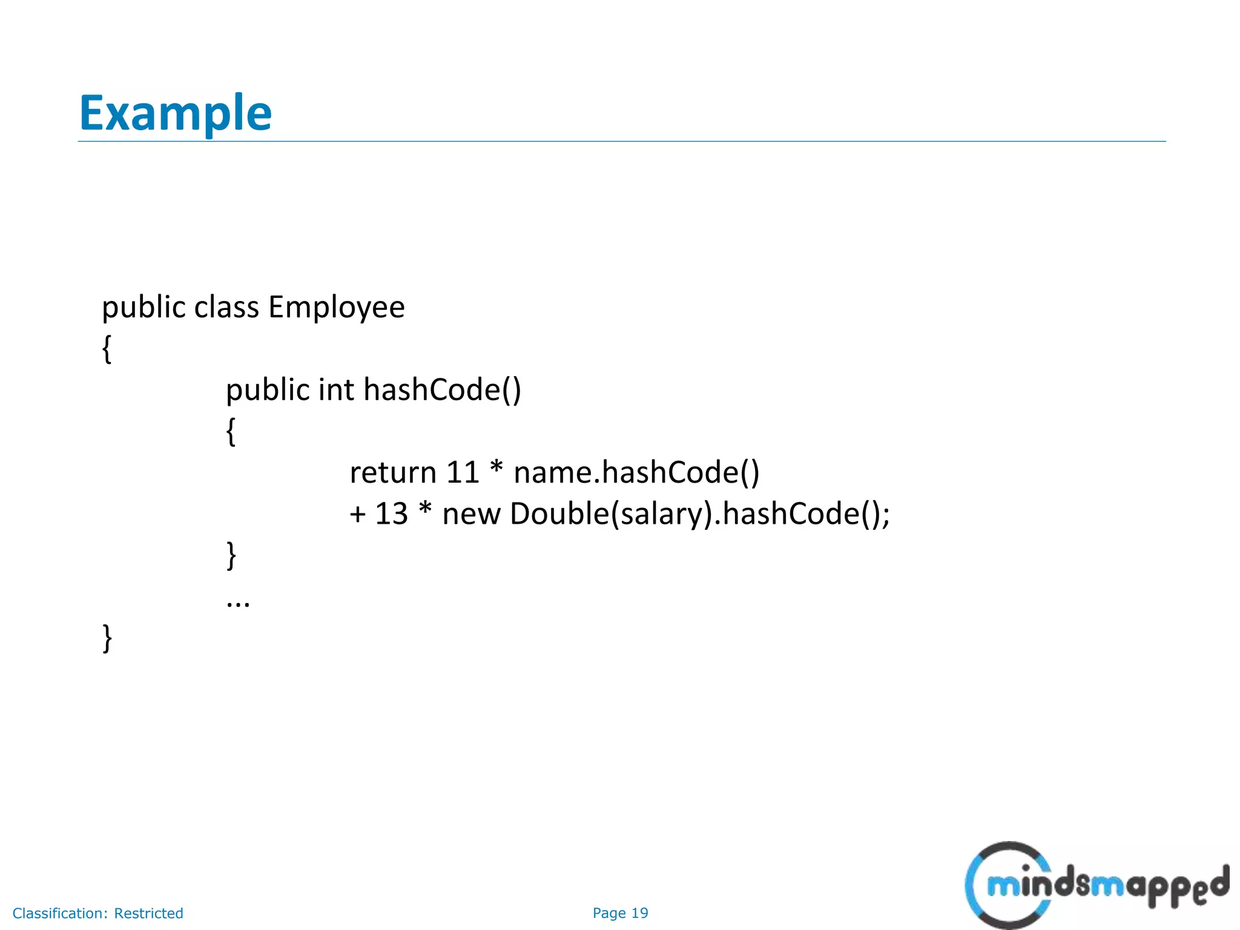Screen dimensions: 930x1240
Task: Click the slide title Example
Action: [x=175, y=113]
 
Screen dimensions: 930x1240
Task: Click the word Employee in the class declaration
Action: [x=336, y=307]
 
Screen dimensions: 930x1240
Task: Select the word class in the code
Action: [x=226, y=307]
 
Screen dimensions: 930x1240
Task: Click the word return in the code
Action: [x=392, y=472]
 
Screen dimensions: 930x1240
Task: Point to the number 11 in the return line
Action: [x=463, y=472]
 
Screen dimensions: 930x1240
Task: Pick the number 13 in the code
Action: [x=391, y=513]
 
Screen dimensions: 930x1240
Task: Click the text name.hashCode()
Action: [x=636, y=472]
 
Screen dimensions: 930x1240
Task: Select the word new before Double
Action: [x=471, y=513]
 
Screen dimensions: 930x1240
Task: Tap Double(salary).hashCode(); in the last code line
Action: [x=700, y=513]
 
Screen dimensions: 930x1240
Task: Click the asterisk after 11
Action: [x=496, y=469]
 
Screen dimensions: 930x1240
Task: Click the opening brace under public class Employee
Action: [x=107, y=349]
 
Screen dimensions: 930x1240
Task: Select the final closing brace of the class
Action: [x=107, y=638]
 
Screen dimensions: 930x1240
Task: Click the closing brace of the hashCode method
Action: [x=231, y=555]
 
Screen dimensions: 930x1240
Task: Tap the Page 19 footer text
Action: [x=620, y=913]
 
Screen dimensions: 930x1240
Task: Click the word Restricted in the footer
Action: [x=148, y=913]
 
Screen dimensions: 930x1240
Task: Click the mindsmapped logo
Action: [x=1096, y=885]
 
